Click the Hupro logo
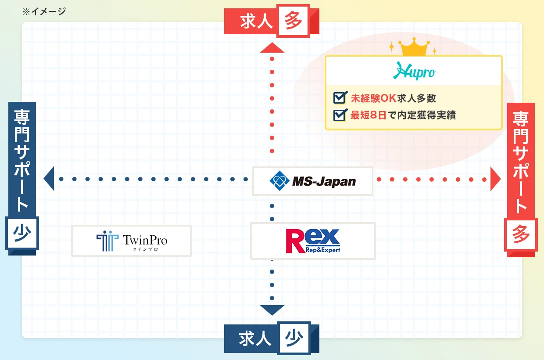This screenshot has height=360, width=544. (413, 71)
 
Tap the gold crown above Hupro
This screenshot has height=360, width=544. (413, 47)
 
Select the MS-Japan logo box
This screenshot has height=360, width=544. (312, 181)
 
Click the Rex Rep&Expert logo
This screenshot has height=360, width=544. (312, 241)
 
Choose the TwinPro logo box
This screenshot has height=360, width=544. (131, 241)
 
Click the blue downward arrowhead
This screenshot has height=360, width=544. (272, 310)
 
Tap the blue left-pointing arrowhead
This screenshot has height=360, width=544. (49, 179)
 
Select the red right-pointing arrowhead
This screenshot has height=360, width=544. (495, 179)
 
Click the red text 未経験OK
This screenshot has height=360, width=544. (373, 97)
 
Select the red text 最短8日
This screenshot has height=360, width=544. (368, 115)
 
